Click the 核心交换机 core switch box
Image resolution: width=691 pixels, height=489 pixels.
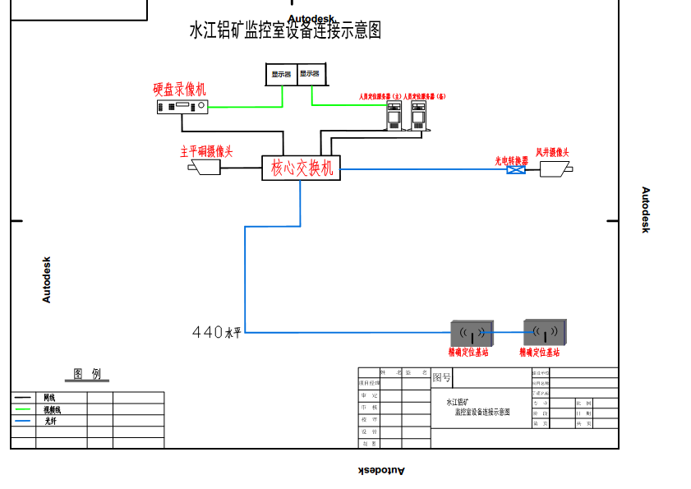pos(301,168)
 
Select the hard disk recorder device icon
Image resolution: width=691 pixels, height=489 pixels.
pos(182,107)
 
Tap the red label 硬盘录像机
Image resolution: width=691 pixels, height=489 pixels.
pos(180,89)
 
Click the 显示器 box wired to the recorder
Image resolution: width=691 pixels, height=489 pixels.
pos(282,74)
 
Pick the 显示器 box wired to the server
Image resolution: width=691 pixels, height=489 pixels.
pos(311,74)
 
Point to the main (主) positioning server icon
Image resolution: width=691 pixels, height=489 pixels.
pos(394,116)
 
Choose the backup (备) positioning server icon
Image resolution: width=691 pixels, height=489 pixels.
pos(419,116)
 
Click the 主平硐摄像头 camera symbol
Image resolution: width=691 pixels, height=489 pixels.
pos(205,168)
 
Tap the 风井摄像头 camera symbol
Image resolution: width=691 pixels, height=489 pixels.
pos(555,168)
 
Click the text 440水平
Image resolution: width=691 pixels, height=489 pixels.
pos(217,333)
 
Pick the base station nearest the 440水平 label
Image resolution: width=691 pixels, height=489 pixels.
pos(471,333)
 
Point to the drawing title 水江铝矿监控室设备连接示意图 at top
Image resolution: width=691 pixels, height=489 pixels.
pos(285,31)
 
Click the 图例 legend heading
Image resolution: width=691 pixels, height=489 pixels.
pos(87,375)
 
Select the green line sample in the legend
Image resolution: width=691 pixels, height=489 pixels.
pos(23,409)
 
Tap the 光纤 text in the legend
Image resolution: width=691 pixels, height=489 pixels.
pos(51,421)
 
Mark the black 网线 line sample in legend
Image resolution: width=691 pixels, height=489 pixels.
pos(23,398)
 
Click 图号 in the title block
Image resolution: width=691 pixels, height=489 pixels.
pos(442,378)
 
